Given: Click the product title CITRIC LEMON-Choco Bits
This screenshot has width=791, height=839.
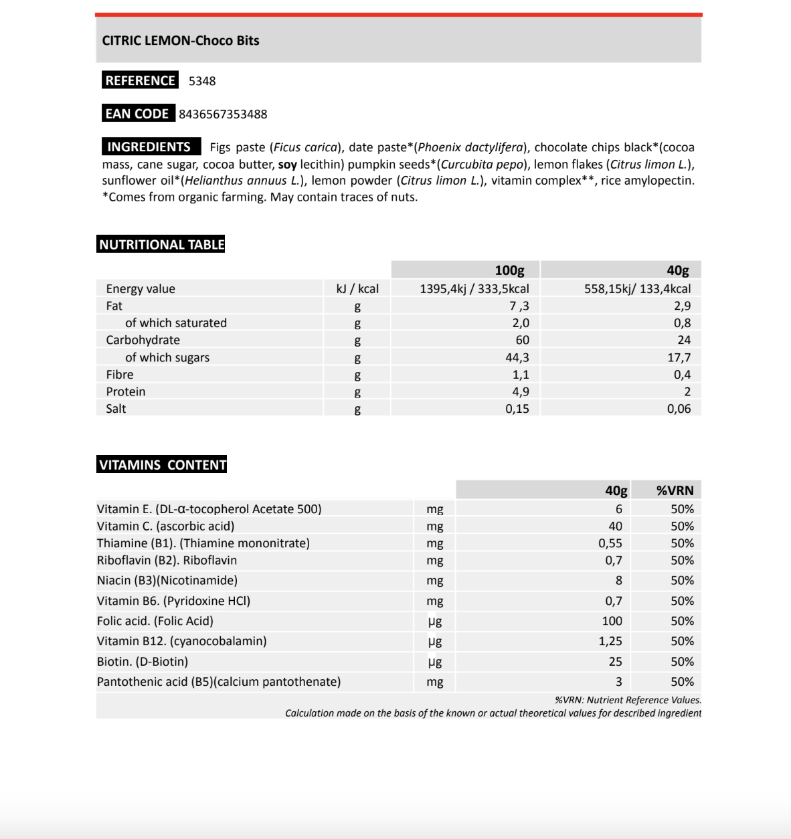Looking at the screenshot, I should coord(181,40).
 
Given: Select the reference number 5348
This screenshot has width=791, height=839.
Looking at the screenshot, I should coord(202,81).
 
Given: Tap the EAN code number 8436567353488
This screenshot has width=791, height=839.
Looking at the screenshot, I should coord(223,114).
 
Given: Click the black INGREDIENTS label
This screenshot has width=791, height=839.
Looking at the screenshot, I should coord(149,147).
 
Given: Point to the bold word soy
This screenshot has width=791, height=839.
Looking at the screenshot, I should coord(287,165).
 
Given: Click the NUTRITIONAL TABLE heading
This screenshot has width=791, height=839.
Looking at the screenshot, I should coord(161,245).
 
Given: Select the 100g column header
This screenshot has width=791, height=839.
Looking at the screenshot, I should coord(509,270).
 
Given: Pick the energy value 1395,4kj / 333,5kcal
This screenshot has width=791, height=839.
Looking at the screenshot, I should coord(474,289).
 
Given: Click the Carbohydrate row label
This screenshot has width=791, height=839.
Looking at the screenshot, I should coord(143,340).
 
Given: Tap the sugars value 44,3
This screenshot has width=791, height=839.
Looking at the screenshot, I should coord(517,358).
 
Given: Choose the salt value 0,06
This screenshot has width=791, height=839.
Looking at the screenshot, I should coord(679,409).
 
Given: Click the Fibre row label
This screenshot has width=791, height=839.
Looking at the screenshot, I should coord(119,375).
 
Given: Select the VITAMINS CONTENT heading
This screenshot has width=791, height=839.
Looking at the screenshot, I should coord(163,465).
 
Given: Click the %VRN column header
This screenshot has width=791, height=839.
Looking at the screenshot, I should coord(675,490).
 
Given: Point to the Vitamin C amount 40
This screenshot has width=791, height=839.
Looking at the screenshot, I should coord(615,527).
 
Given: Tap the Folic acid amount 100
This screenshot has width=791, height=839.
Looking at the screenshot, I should coord(612,622).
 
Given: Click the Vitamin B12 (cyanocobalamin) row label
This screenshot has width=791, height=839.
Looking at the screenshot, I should coord(181,641).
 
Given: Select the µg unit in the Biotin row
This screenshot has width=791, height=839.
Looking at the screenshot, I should coord(435,662).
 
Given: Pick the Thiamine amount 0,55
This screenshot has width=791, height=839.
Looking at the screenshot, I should coord(610,543).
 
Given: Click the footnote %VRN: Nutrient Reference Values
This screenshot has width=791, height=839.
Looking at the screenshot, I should coord(628,700).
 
